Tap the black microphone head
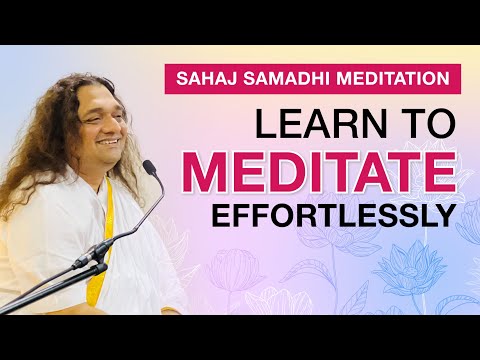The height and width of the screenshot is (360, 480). (150, 167)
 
